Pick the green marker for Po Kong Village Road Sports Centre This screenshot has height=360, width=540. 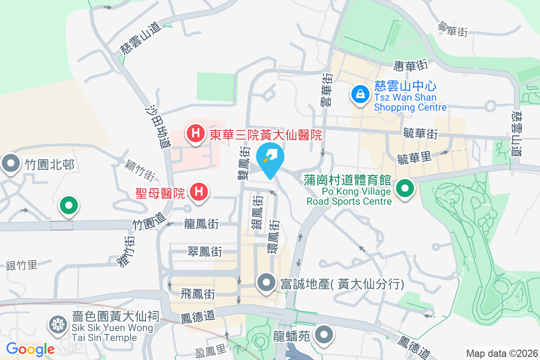(405, 189)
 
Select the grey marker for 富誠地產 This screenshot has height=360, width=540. (266, 283)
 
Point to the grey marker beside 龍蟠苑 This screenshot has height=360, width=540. (324, 335)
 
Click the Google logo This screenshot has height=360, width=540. (30, 349)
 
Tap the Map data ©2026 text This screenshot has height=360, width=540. (501, 353)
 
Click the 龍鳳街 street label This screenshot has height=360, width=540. (201, 224)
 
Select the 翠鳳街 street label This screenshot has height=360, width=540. (205, 252)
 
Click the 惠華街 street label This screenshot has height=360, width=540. (409, 66)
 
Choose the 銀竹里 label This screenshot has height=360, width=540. (22, 265)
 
